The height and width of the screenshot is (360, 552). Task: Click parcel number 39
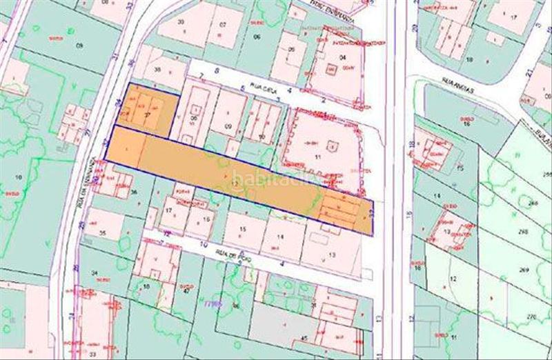(181, 22)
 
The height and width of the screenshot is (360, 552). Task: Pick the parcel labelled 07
(223, 25)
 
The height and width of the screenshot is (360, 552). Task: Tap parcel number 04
(343, 57)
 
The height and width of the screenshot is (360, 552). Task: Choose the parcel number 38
(158, 70)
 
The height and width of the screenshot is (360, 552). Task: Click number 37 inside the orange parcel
(146, 117)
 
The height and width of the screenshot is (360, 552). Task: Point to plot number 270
(531, 316)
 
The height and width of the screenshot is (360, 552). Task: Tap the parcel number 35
(103, 234)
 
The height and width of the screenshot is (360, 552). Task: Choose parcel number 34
(95, 273)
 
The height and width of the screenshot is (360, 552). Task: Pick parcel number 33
(92, 353)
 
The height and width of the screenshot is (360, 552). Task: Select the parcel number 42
(187, 290)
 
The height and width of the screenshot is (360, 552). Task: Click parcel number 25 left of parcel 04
(292, 50)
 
